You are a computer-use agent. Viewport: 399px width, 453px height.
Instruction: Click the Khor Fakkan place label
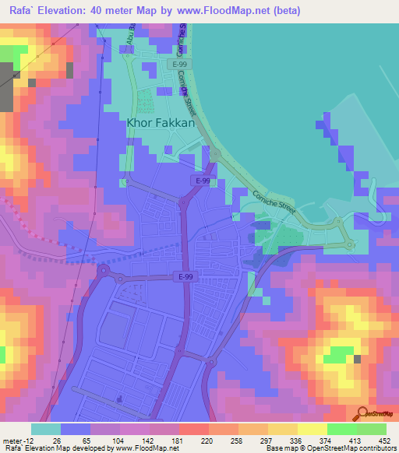coord(161,122)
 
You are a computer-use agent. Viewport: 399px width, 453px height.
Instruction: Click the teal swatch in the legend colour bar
coord(46,428)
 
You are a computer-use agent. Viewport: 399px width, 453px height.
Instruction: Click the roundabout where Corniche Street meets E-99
coord(214,157)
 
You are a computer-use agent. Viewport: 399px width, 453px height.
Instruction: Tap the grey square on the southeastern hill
coord(357,360)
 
